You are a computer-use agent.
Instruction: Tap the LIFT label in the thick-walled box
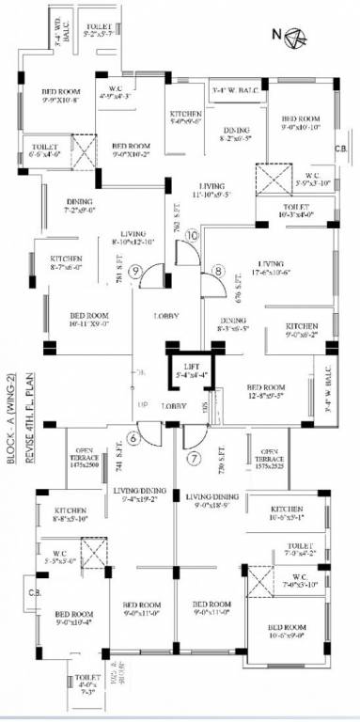[193, 372]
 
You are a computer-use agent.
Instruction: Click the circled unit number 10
[193, 236]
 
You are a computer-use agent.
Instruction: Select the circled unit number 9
[137, 273]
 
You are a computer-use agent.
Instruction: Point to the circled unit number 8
[219, 273]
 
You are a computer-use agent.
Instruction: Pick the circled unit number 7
[195, 460]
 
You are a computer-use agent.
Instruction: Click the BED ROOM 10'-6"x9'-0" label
[287, 632]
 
